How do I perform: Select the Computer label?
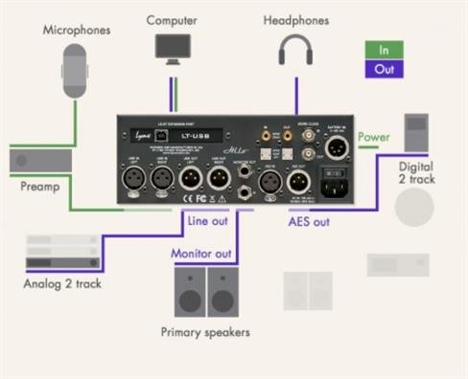click(x=174, y=19)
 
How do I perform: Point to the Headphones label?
click(x=295, y=19)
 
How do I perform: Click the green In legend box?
click(x=383, y=50)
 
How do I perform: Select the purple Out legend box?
click(x=383, y=69)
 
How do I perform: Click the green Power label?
click(x=373, y=137)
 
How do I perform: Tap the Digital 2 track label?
click(x=416, y=172)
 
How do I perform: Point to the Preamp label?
click(x=39, y=186)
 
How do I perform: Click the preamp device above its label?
click(x=36, y=160)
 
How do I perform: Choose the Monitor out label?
click(x=202, y=254)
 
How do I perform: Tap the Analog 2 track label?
click(x=64, y=284)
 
